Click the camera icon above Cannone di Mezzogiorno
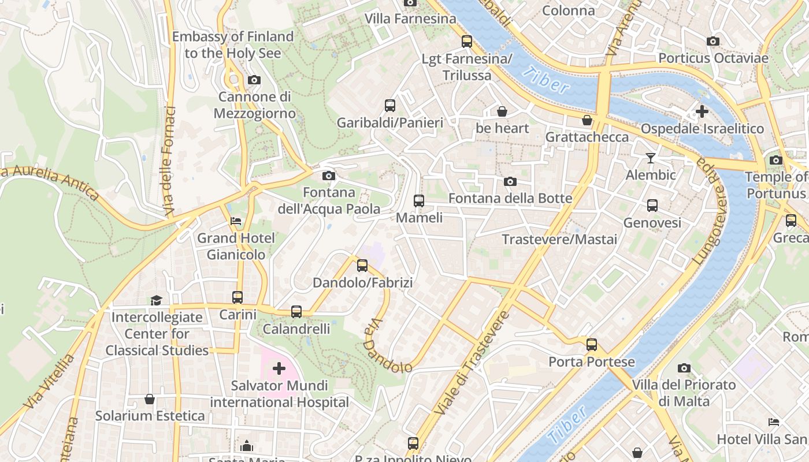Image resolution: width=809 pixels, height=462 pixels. point(254,80)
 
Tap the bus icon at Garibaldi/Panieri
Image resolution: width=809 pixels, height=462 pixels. point(390,105)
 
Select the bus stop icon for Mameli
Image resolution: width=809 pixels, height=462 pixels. point(419,200)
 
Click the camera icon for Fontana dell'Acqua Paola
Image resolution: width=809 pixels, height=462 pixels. point(328,175)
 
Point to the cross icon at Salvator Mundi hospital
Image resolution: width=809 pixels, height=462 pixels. point(279,368)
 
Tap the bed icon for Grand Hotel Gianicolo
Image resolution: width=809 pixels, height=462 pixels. point(236,221)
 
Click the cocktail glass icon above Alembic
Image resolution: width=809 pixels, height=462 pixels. point(651,158)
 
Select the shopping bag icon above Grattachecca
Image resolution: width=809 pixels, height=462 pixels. point(587,120)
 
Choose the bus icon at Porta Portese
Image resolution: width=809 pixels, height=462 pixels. point(592,344)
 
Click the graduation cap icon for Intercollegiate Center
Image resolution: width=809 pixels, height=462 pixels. point(156,300)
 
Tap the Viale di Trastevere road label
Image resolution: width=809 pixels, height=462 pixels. point(472,364)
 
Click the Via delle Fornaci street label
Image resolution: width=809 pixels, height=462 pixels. point(168,162)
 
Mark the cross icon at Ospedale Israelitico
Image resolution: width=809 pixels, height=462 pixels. point(702,111)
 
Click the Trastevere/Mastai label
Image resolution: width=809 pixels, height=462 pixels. point(559,239)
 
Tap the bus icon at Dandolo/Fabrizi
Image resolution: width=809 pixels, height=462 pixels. point(362,265)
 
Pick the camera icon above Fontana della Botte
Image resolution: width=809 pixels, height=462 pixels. point(510,181)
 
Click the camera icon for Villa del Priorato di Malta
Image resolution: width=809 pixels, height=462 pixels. point(684,368)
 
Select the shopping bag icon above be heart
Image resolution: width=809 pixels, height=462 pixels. point(502,111)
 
